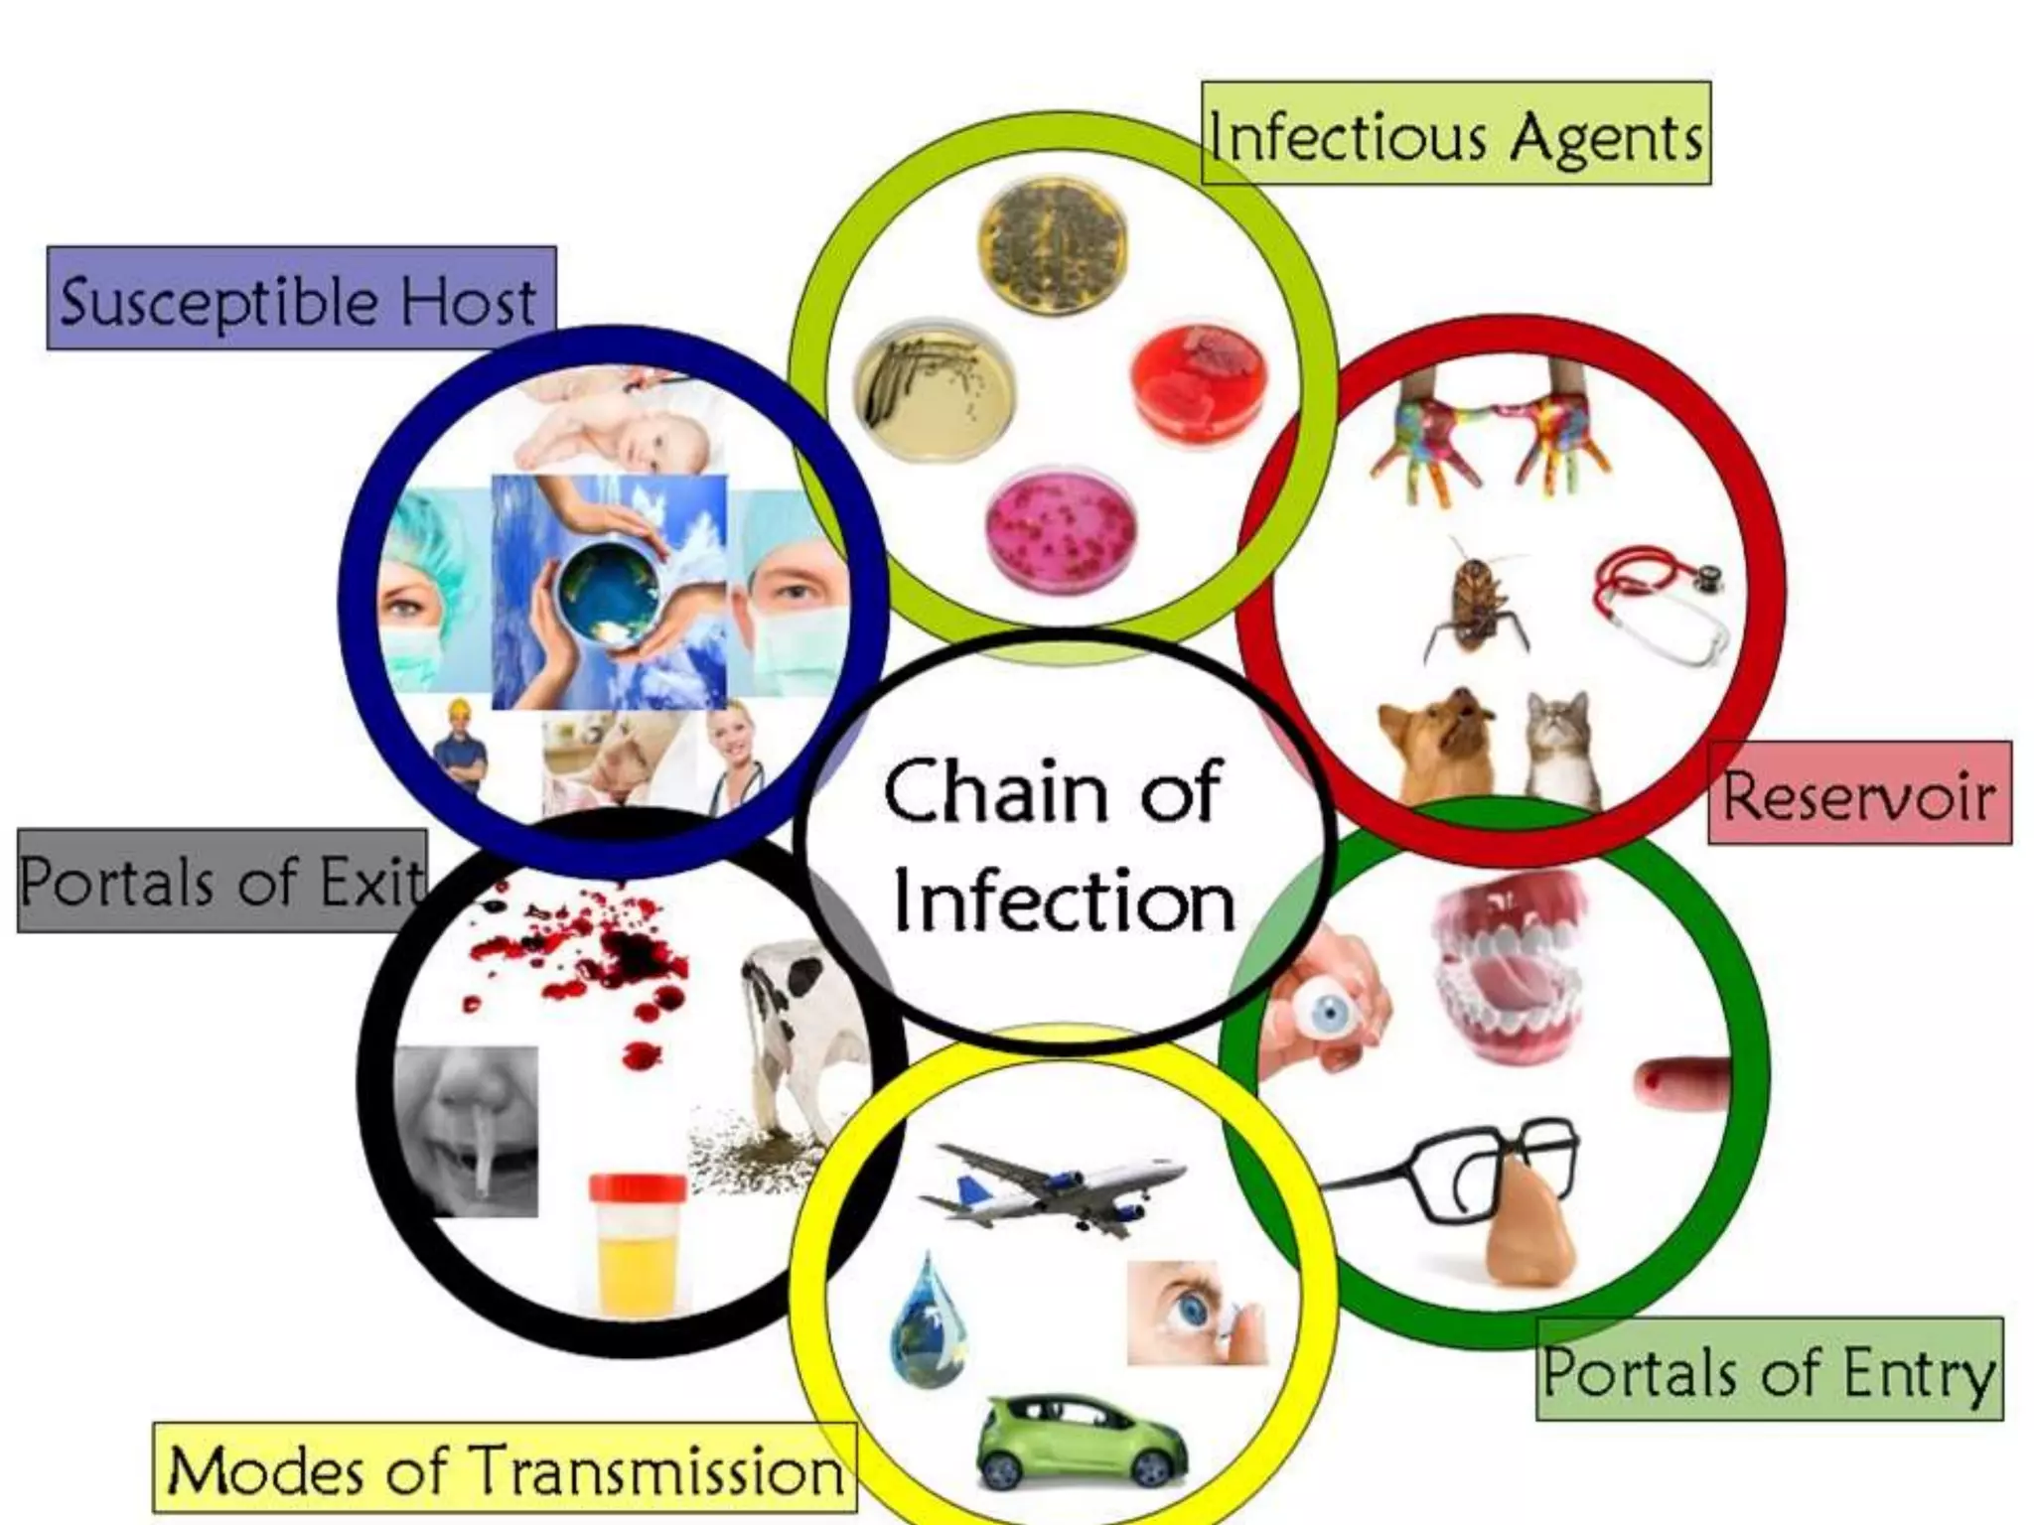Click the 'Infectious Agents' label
tap(1456, 134)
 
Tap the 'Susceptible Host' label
tap(301, 299)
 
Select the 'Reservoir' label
tap(1859, 794)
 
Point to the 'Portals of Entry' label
tap(1769, 1370)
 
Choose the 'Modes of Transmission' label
tap(505, 1468)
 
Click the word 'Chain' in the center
tap(993, 791)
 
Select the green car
tap(1082, 1441)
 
